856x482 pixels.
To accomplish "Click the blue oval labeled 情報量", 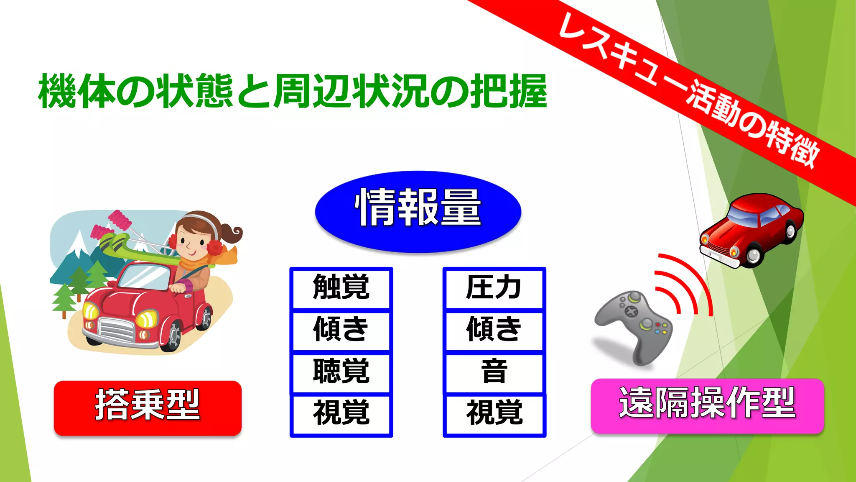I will click(418, 211).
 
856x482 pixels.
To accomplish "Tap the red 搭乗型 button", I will click(148, 408).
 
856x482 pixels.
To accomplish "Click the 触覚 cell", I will click(341, 288).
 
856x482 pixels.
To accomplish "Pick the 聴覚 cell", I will click(341, 372).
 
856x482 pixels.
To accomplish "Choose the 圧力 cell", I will click(494, 288).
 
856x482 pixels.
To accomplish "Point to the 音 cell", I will click(494, 372).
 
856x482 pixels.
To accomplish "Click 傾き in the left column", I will click(341, 330).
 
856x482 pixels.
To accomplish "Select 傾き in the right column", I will click(494, 330).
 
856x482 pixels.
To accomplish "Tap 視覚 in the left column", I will click(341, 413).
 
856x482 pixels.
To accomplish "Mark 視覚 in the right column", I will click(494, 413).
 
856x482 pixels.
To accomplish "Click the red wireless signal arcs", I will click(685, 285).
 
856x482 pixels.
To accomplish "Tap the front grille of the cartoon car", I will click(117, 330).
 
